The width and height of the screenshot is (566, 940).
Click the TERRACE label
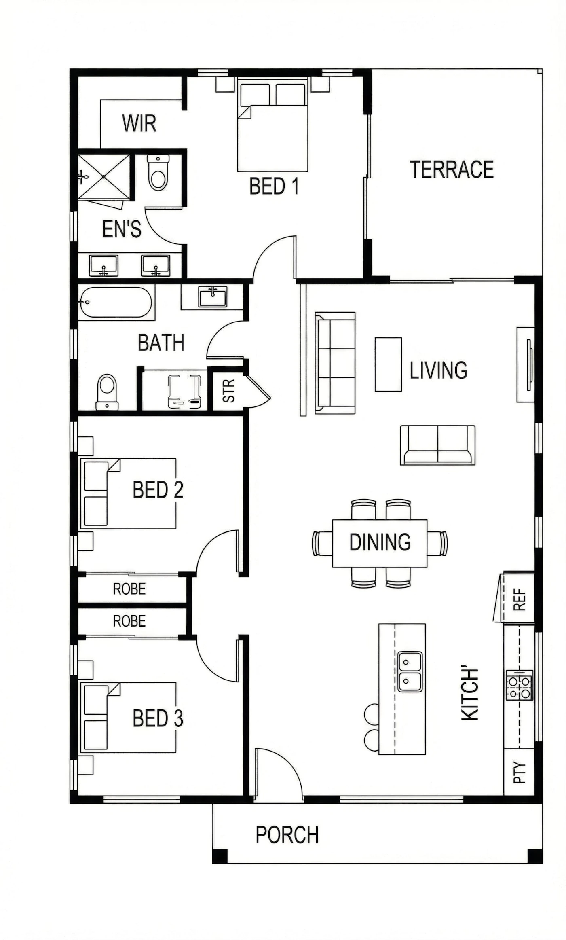point(452,169)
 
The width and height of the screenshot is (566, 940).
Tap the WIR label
point(139,123)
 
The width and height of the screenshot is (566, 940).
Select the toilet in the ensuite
point(158,172)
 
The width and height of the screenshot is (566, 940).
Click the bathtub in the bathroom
point(116,302)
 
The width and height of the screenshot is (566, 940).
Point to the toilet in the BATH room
point(107,392)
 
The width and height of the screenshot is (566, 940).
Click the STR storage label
point(229,390)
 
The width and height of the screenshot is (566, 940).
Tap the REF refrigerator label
point(520,599)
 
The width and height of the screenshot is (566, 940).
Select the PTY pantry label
point(520,773)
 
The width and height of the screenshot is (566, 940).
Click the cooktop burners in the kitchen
point(520,685)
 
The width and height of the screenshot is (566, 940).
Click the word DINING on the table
point(380,542)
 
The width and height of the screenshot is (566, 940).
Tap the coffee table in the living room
point(388,364)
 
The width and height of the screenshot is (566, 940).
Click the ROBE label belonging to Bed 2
point(129,589)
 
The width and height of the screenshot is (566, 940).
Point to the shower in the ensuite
point(104,177)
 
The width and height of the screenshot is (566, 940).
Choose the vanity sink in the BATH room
point(213,296)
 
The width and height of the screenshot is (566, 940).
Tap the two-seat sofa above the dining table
point(438,445)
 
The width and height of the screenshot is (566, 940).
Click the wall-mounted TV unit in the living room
point(526,364)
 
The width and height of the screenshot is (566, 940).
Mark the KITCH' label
point(470,694)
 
